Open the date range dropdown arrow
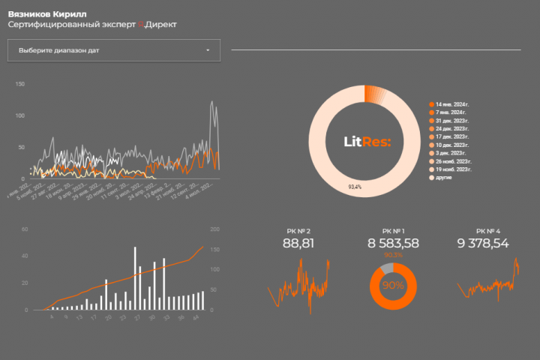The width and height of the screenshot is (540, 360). pos(208,50)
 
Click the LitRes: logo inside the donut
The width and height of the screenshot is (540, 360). pos(367,141)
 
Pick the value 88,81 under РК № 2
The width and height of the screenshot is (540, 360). pos(298,243)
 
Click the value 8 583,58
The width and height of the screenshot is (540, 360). pos(393,243)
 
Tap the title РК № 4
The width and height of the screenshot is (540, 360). pos(487,230)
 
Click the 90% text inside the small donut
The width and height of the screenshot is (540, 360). pos(393,286)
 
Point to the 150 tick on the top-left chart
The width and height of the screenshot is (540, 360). pos(21,84)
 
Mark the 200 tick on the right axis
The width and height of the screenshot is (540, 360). pos(214,229)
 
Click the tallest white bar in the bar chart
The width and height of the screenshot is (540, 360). pos(135,277)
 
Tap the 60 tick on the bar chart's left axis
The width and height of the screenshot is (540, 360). pos(24,229)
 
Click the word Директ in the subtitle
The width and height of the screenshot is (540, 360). pos(161,25)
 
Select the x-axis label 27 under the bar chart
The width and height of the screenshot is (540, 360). pos(136,317)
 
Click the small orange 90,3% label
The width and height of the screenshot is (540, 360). pos(393,255)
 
